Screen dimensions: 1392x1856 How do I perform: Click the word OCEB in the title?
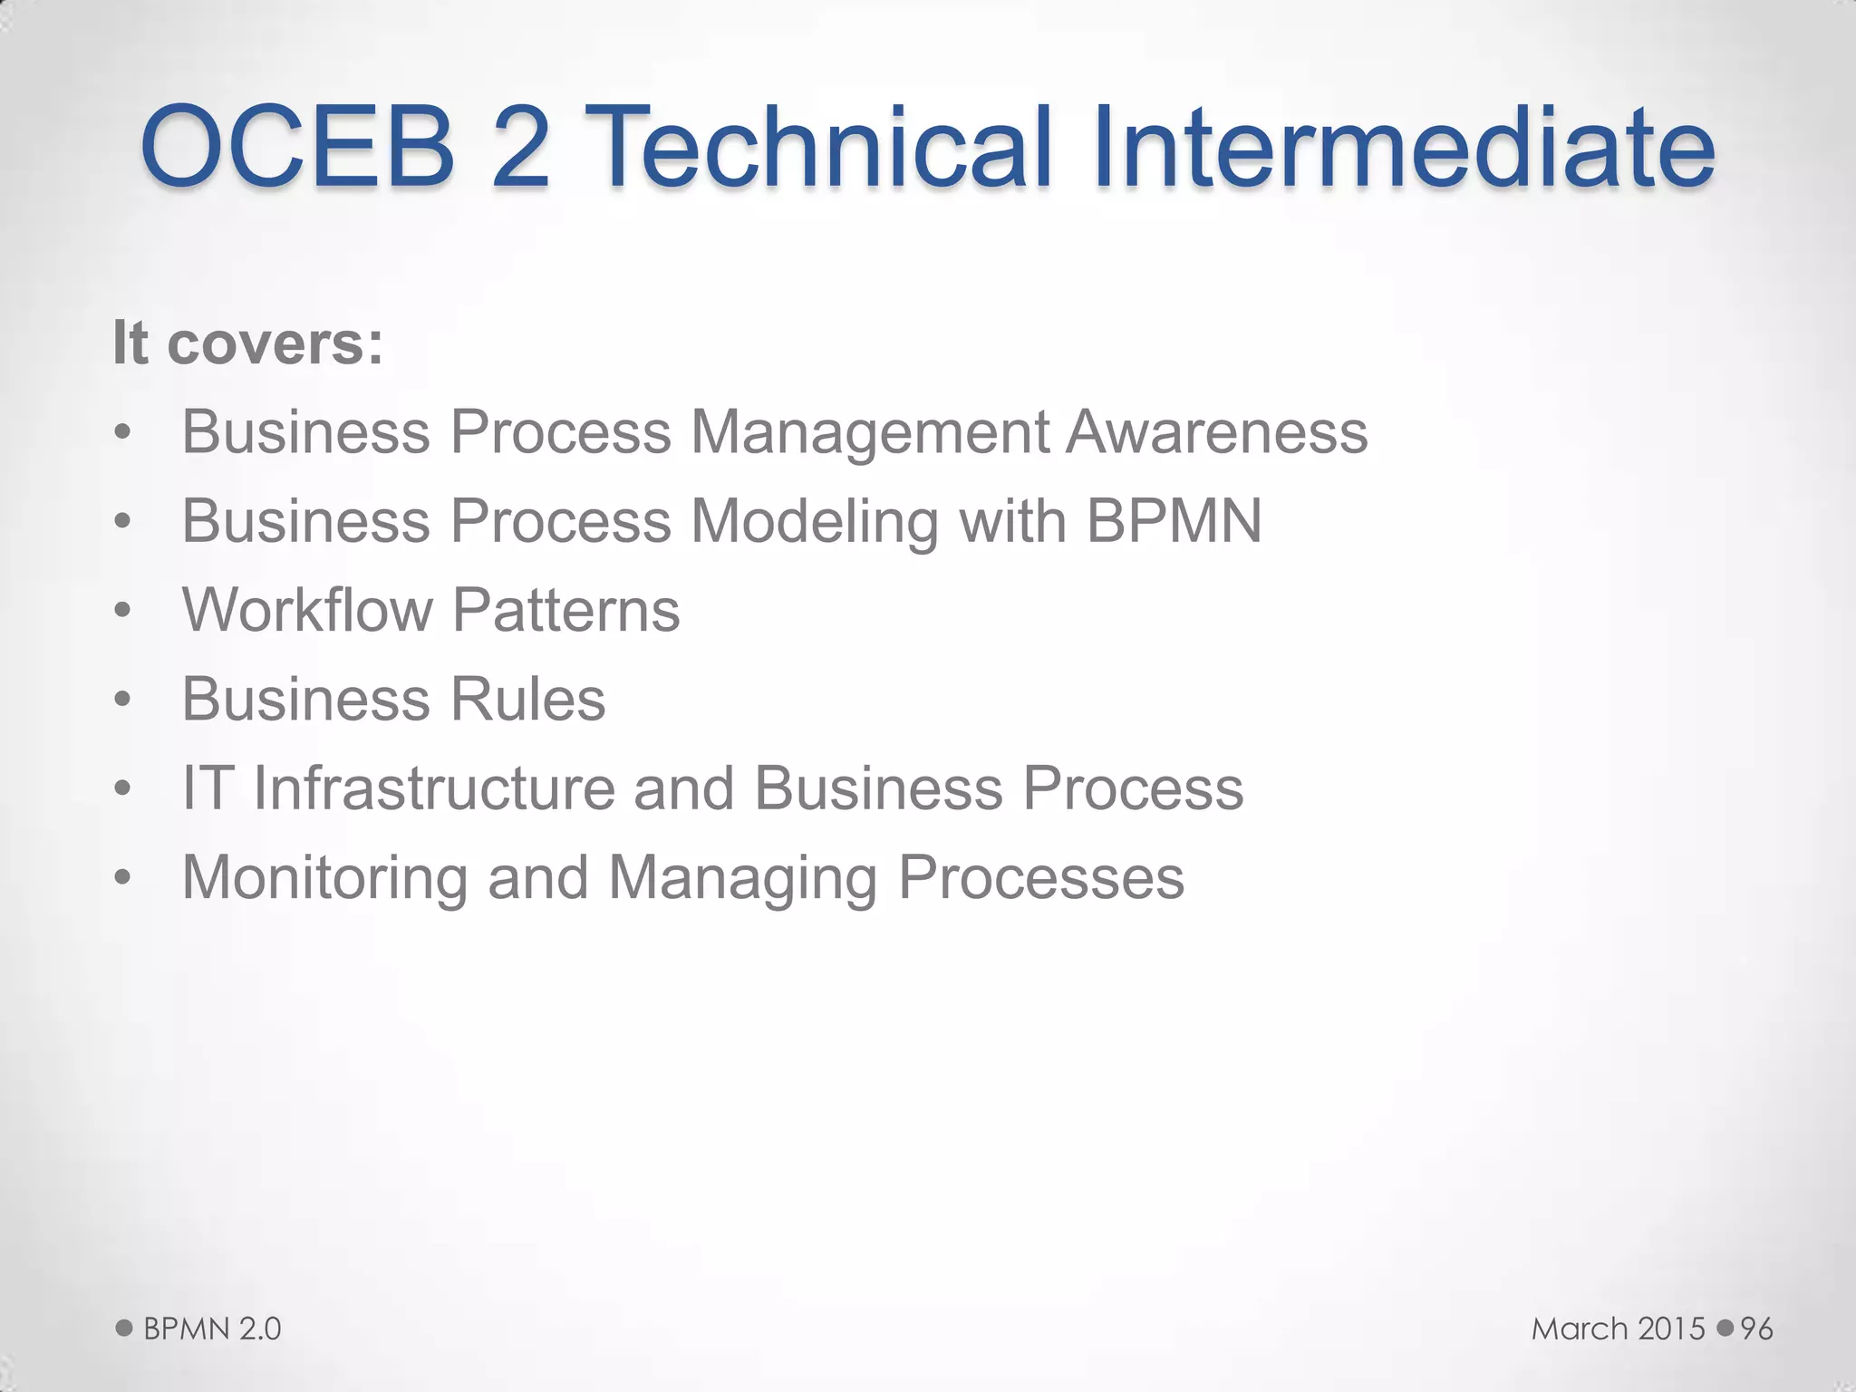tap(297, 147)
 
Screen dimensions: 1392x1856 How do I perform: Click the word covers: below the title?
tap(275, 344)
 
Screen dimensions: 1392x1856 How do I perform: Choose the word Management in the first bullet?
tap(868, 433)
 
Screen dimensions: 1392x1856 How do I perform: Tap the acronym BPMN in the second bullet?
tap(1174, 521)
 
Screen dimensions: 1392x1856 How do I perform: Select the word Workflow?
tap(307, 609)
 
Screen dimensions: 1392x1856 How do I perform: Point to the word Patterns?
tap(565, 609)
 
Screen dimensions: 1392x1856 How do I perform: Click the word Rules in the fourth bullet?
tap(528, 699)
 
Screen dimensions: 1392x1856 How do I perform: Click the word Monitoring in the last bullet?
tap(324, 878)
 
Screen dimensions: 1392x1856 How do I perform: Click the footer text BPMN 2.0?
tap(212, 1329)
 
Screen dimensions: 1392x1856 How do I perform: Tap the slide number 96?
tap(1756, 1329)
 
